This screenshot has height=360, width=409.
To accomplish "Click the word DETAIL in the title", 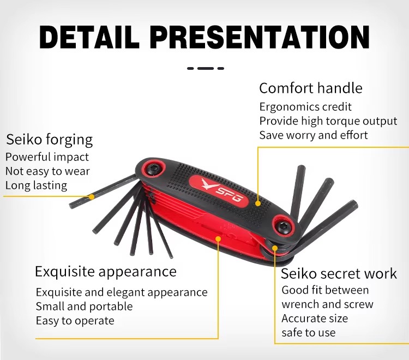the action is coord(89,37).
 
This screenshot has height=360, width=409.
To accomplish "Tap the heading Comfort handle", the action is coord(311,88).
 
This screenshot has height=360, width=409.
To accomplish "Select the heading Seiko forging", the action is coord(49,140).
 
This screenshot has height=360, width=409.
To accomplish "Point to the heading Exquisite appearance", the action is coord(106,272).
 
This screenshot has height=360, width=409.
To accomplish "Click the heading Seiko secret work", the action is coord(339,274).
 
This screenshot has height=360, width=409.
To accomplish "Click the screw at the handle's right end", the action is coord(283,226).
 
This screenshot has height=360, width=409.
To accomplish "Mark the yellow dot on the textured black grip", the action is coord(258,203).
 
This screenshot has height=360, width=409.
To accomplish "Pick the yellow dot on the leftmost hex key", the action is coord(92,197).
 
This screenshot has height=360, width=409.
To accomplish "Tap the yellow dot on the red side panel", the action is coord(218,239).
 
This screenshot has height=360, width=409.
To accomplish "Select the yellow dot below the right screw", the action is coord(275,248).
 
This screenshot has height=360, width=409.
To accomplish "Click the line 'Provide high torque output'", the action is coord(328,121).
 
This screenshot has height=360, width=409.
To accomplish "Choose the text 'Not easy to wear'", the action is coord(47,171).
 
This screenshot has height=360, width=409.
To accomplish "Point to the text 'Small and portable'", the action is coord(84,307).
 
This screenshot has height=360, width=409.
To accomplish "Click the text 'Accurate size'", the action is coord(315,319).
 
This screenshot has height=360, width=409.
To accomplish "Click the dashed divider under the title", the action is coord(206,68).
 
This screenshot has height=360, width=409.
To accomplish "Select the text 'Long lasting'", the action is coord(36,186).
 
